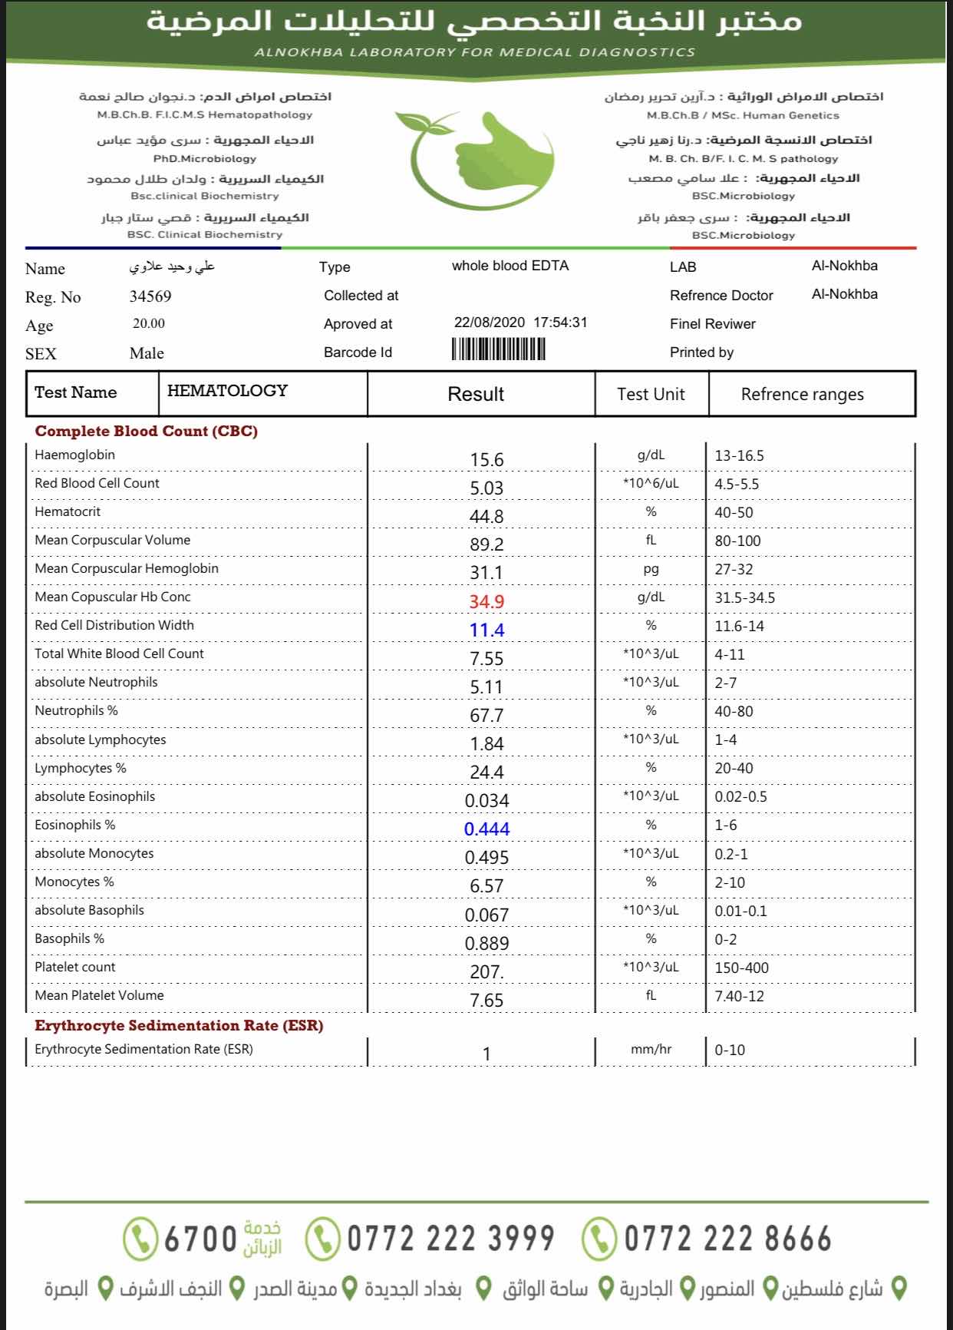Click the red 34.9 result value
[x=486, y=601]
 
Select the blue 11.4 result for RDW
[x=486, y=630]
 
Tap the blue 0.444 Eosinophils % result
[x=486, y=829]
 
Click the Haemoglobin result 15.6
[x=486, y=460]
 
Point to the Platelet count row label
[x=75, y=967]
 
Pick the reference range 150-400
[x=741, y=968]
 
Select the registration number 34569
[x=150, y=296]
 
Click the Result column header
[x=476, y=394]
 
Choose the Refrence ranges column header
[x=802, y=395]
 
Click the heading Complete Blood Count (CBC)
[x=147, y=431]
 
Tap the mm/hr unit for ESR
[x=651, y=1049]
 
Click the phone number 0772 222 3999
[x=450, y=1239]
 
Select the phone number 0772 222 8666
[x=727, y=1239]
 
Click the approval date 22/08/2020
[x=490, y=323]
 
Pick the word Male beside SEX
[x=147, y=353]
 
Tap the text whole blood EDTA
[x=510, y=266]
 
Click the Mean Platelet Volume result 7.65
[x=486, y=1001]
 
